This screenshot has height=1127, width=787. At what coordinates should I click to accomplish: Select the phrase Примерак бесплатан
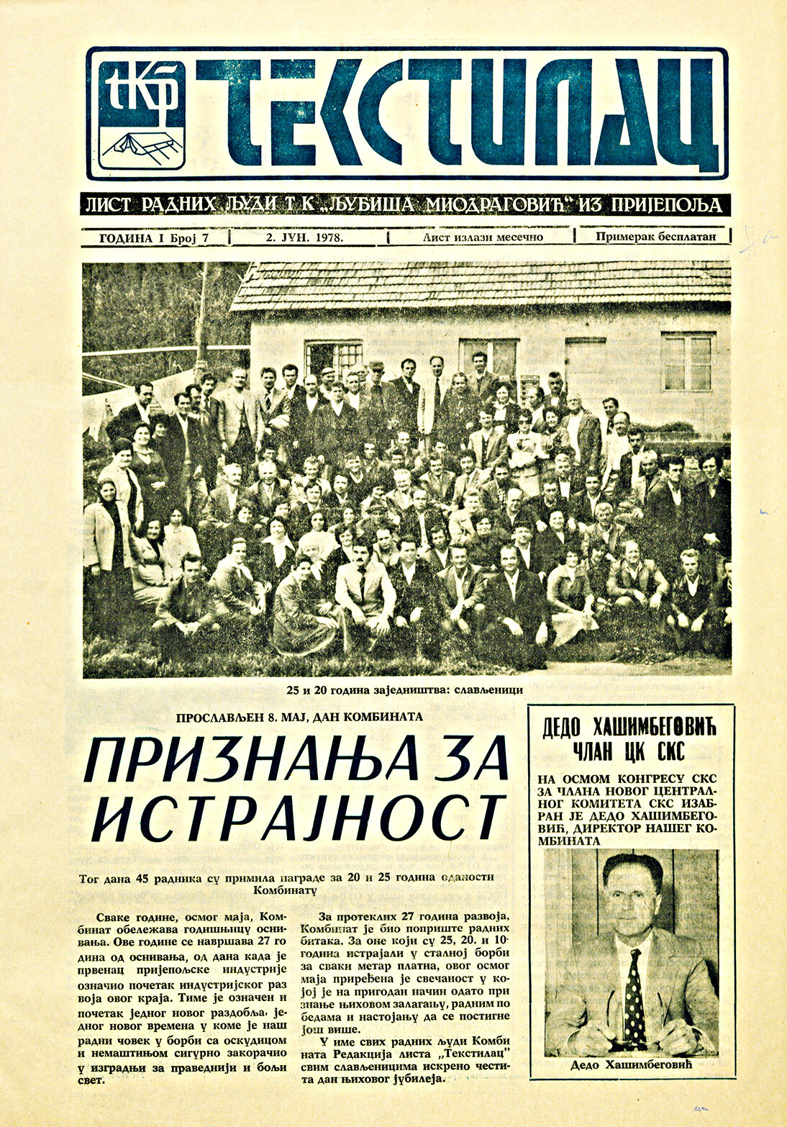(655, 237)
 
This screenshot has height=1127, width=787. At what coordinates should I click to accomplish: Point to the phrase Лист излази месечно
(483, 237)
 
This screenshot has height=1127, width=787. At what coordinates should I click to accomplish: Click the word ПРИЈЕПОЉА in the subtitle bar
(665, 205)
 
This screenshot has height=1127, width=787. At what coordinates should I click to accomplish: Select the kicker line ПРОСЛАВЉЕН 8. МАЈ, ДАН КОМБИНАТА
(301, 717)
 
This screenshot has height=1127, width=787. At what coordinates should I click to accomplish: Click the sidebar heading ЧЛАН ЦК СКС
(630, 752)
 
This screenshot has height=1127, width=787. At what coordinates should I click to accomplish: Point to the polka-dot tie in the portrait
(634, 989)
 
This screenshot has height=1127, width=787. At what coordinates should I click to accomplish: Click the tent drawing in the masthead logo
(140, 145)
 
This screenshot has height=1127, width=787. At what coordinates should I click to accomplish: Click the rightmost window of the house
(688, 361)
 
